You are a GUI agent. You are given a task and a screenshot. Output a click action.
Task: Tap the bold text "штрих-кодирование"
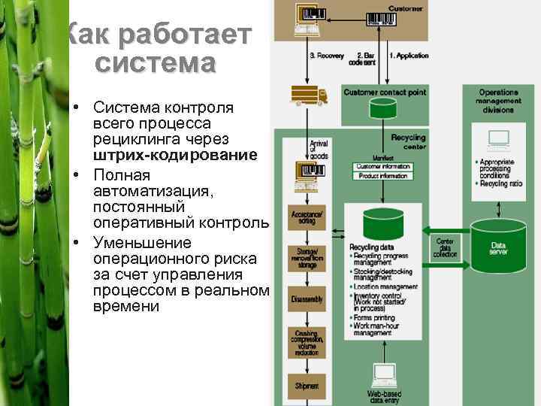point(175,156)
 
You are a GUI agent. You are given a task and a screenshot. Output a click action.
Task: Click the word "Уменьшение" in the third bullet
point(142,243)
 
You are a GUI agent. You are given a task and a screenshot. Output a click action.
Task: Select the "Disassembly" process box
point(307,299)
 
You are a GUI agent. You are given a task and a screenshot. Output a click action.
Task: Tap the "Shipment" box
point(307,385)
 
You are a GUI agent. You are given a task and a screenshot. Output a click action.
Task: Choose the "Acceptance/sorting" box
point(307,218)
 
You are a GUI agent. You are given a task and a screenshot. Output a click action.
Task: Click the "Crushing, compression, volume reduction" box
point(307,342)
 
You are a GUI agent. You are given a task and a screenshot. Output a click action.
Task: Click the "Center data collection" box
point(445,248)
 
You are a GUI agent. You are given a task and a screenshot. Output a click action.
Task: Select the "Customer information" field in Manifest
point(383,166)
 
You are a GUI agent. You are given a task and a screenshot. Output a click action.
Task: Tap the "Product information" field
point(383,176)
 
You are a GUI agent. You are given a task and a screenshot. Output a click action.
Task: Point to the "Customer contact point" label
point(385,92)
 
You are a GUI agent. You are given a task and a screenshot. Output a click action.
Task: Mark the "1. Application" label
point(409,56)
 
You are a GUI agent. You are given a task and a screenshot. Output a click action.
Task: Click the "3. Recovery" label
point(326,56)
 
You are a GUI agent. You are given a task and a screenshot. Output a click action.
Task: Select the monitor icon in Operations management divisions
point(499,139)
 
